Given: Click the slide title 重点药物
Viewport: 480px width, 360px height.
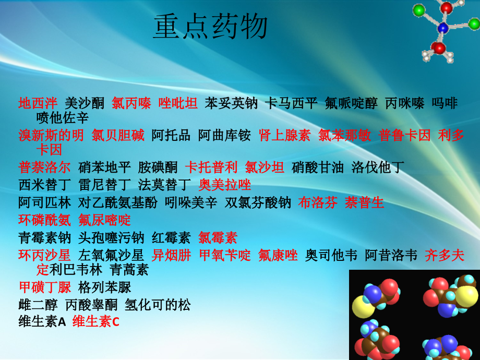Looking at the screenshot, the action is coord(211,27).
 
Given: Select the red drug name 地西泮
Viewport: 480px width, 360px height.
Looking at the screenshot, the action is coord(38,103).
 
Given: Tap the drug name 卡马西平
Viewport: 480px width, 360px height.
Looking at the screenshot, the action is coord(291,103).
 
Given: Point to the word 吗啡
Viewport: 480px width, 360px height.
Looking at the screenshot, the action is coord(445,103).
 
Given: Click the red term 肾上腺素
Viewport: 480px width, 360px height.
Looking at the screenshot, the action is coord(285,135).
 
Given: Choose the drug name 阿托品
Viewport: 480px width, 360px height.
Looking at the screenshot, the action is coord(171,135).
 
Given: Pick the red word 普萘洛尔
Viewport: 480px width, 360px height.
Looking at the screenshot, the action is coord(44,167).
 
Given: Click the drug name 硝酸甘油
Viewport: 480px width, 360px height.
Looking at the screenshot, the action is coord(317,167).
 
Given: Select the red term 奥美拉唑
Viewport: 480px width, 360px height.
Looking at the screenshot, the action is coord(225,185).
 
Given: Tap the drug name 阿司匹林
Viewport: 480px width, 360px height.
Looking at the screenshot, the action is coord(44,202).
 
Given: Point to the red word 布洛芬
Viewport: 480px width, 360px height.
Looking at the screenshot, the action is coord(318,202).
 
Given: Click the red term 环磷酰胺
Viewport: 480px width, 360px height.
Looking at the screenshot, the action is coord(44,220).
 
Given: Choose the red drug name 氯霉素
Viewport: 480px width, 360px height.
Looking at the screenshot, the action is coord(218,238).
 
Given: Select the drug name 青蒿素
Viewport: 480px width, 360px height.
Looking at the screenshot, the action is coord(129,270).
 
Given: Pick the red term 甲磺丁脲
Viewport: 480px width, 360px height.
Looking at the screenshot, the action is coord(45,287).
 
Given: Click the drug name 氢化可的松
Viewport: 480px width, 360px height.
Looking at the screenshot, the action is coord(158,305).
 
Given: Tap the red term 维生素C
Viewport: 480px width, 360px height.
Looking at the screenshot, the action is coord(96,322).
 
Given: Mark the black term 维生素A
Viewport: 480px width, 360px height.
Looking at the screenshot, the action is coord(42,322).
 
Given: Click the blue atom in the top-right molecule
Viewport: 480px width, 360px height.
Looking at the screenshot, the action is coord(442,29).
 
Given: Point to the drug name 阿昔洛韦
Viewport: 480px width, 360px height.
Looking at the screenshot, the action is coord(391,255).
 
